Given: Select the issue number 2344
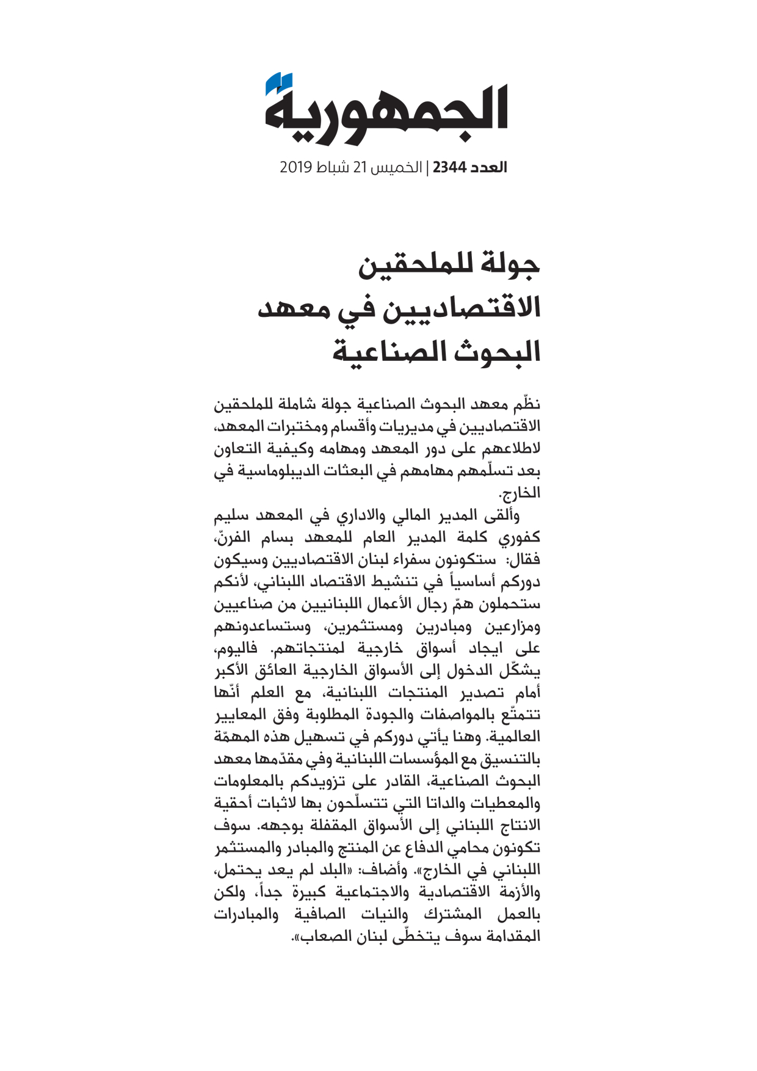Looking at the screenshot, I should pos(449,167).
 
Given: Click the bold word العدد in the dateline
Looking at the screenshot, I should pos(488,167).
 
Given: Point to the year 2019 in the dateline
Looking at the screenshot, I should pos(296,167).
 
